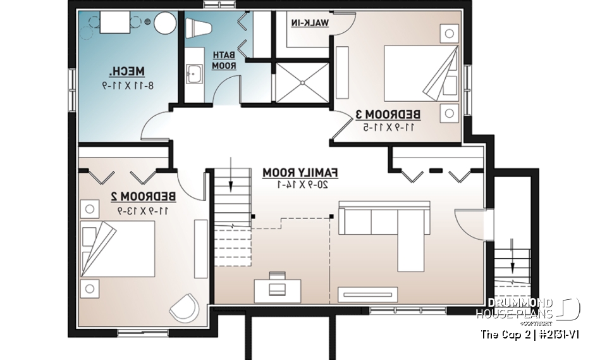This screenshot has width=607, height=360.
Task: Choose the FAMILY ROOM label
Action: pos(302,172)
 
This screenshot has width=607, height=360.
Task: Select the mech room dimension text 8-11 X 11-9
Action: pos(127,85)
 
